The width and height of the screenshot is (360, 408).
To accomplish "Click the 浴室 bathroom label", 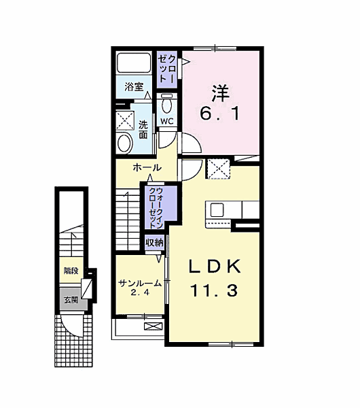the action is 134,86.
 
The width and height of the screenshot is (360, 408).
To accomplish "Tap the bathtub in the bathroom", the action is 134,63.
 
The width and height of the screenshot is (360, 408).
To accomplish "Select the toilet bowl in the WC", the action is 166,104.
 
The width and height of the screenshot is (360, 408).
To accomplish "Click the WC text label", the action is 167,121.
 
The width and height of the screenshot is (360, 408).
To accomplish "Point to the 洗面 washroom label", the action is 143,129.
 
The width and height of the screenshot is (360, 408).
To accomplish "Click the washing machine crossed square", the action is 125,120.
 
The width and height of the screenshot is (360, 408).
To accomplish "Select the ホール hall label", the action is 147,167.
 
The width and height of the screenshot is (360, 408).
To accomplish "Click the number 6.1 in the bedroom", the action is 219,114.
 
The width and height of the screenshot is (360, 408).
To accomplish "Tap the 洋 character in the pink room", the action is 220,93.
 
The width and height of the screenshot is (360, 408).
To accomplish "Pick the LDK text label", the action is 215,266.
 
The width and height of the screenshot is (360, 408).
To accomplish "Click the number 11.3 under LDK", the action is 215,290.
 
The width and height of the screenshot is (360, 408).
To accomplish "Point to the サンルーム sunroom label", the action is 140,284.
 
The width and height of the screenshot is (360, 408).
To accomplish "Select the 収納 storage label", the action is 154,243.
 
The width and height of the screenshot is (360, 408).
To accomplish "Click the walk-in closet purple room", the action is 161,207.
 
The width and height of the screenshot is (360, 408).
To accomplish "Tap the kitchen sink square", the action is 217,210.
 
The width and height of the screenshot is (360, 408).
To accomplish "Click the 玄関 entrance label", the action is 71,300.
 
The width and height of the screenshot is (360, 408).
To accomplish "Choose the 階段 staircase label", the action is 71,271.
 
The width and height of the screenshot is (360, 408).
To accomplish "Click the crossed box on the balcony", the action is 153,326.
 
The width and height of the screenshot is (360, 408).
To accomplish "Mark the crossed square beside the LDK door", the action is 218,169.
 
